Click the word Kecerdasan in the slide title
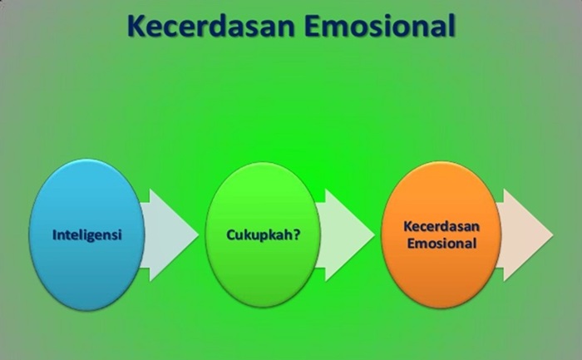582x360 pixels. point(211,26)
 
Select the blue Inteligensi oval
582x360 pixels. point(86,234)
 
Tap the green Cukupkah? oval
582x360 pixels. point(263,234)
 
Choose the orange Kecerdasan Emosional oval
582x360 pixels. point(441,234)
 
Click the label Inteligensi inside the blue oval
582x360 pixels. point(86,235)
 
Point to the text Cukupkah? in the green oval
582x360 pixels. point(264,235)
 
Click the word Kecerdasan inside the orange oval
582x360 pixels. point(441,226)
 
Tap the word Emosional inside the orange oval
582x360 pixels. point(441,244)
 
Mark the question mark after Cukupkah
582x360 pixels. point(296,234)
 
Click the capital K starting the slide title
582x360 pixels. point(136,26)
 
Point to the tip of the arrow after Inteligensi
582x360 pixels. point(199,235)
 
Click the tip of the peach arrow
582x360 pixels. point(553,235)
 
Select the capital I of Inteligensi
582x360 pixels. point(54,235)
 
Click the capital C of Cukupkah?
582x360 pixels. point(231,235)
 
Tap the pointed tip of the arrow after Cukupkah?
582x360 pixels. point(374,235)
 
